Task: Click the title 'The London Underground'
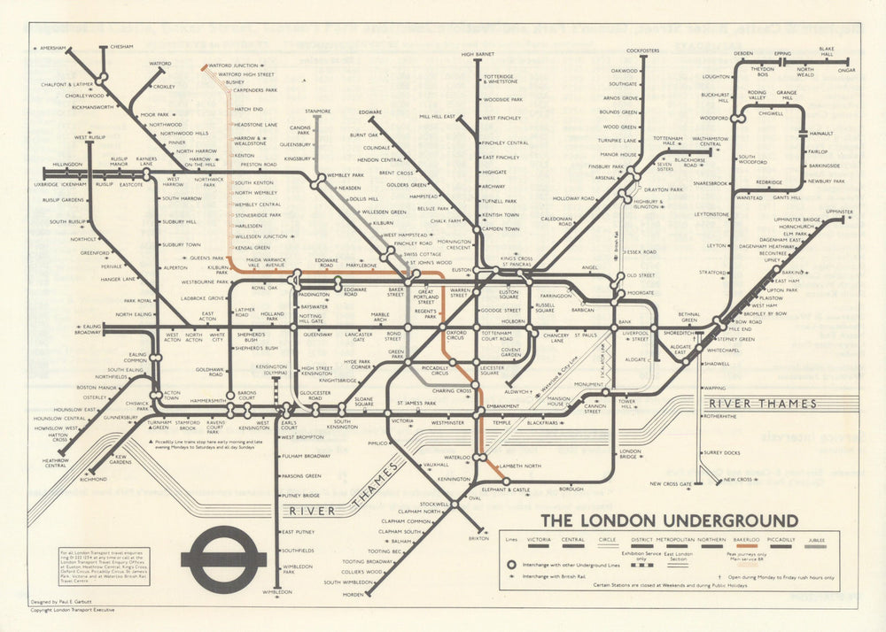pos(669,520)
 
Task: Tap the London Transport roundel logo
pos(223,559)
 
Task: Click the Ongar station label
pos(847,70)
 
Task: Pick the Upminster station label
pos(838,212)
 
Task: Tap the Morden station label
pos(353,594)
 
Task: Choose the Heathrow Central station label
pos(56,463)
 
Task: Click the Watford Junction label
pos(233,66)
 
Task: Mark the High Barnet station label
pos(478,55)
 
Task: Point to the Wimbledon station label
pos(277,592)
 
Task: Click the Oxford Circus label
pos(456,335)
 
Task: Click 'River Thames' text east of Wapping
pos(761,404)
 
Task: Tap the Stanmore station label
pos(317,112)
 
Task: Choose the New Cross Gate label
pos(670,484)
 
